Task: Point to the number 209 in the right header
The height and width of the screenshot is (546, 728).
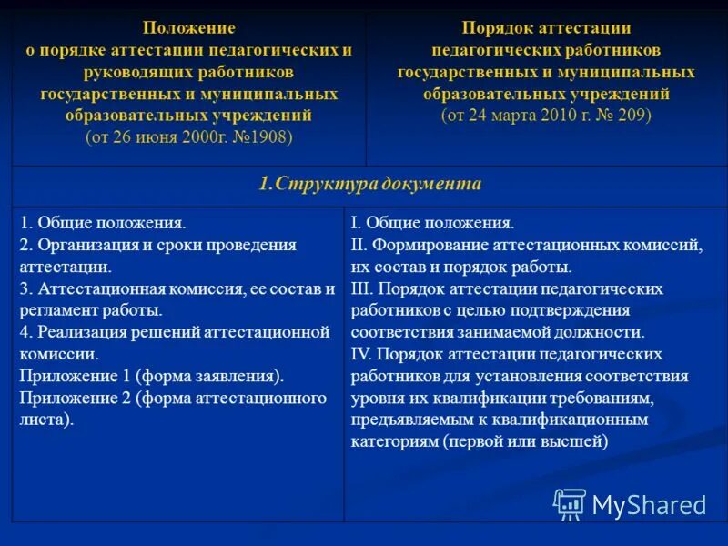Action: point(634,116)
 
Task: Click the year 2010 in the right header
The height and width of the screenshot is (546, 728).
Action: point(557,116)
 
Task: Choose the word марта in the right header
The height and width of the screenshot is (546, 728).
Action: point(509,116)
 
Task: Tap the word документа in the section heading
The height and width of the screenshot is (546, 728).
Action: point(429,184)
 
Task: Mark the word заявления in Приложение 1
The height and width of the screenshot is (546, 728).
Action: point(243,376)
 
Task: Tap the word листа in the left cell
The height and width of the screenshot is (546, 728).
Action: point(41,420)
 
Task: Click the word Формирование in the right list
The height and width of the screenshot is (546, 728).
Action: point(427,245)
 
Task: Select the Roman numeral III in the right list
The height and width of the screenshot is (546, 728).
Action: point(361,288)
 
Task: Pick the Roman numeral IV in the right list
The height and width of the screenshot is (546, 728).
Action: point(361,354)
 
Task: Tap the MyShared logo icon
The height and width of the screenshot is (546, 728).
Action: point(570,503)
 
